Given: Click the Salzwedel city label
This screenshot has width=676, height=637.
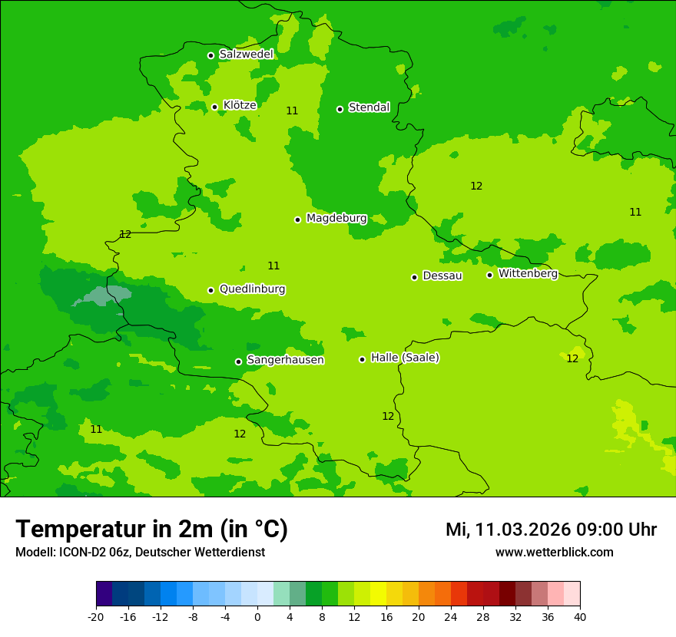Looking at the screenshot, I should click(246, 54).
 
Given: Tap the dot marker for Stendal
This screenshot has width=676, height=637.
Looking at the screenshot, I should click(340, 109).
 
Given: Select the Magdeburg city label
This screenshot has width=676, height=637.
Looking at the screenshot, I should click(336, 219).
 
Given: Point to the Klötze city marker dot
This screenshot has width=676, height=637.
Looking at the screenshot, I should click(214, 107).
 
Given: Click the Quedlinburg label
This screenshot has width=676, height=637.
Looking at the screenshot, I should click(252, 289).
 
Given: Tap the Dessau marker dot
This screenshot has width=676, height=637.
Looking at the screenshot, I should click(414, 277).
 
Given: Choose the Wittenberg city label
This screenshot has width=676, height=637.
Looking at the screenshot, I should click(528, 274).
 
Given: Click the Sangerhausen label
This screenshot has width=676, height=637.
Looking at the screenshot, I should click(285, 360).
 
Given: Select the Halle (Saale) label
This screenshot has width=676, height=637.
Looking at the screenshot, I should click(405, 358).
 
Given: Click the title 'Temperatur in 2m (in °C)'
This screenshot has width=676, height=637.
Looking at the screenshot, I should click(151, 529).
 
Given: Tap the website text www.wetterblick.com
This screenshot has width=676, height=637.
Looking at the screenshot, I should click(554, 552).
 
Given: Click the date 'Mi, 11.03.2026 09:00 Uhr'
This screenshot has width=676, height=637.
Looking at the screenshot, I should click(551, 530).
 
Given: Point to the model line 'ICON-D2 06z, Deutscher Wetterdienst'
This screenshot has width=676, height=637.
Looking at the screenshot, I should click(140, 552).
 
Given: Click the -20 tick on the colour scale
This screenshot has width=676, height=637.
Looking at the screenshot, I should click(96, 616).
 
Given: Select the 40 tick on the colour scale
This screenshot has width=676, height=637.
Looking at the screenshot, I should click(579, 616).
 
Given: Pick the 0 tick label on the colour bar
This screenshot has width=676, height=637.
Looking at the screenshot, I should click(257, 616).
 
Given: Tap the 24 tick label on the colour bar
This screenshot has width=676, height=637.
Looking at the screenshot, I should click(451, 616).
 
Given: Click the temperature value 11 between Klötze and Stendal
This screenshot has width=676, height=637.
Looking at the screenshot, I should click(292, 111).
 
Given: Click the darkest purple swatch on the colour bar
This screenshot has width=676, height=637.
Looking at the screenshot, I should click(104, 594).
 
